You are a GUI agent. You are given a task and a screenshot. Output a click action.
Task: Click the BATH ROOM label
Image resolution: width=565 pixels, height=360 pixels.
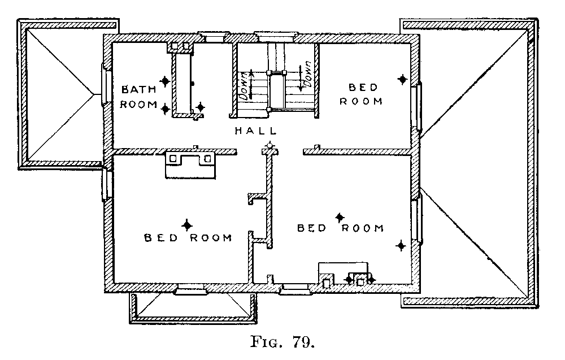click(x=139, y=97)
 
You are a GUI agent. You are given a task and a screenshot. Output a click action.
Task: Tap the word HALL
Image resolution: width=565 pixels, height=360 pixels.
click(x=256, y=131)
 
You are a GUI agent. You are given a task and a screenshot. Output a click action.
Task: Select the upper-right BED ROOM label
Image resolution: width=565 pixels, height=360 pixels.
click(x=361, y=94)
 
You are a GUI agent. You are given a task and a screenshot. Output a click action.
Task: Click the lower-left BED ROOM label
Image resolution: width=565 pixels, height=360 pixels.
click(x=188, y=238)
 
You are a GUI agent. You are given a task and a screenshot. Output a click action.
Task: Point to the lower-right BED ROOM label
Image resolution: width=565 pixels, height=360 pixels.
click(x=341, y=228)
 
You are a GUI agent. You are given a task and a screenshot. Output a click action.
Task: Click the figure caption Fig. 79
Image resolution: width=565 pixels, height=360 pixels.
click(x=282, y=341)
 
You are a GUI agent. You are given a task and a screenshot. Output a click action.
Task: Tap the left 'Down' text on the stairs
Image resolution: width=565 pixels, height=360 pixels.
click(x=244, y=85)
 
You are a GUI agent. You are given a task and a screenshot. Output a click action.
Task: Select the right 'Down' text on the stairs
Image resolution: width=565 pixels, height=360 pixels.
click(x=307, y=74)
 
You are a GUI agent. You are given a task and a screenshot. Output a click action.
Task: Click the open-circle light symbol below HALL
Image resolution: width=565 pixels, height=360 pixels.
click(x=270, y=146)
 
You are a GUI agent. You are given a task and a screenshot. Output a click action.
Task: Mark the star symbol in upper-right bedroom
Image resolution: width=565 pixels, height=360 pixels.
click(x=402, y=79)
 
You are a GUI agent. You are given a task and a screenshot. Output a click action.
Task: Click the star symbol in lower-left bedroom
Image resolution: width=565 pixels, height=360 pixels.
click(x=186, y=225)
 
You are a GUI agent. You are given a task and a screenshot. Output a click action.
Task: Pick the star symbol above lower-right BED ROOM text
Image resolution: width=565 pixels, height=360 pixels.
click(x=340, y=217)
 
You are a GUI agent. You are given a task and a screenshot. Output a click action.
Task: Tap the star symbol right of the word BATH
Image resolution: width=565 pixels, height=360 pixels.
click(x=165, y=81)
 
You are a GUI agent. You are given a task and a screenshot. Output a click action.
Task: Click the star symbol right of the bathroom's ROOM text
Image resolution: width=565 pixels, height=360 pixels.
click(x=166, y=109)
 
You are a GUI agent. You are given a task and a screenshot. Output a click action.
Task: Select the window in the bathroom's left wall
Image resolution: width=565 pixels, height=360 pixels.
click(x=105, y=85)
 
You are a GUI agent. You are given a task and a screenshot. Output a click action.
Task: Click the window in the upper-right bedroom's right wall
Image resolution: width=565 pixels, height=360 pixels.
click(x=418, y=107)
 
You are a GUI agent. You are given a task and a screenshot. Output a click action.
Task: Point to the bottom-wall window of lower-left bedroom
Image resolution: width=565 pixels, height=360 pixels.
click(x=190, y=289)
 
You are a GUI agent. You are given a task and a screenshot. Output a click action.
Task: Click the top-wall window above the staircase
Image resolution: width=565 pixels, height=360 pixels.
click(x=276, y=36)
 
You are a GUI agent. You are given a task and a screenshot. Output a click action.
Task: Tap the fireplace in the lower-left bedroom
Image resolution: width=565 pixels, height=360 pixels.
click(x=190, y=164)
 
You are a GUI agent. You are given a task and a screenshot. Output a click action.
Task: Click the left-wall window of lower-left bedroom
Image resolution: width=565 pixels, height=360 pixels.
click(x=106, y=184)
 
